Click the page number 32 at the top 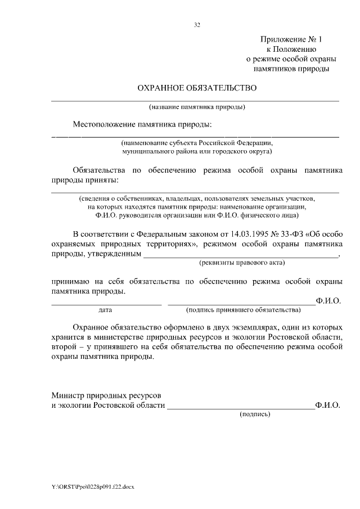(x=197, y=25)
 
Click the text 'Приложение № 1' (x=292, y=39)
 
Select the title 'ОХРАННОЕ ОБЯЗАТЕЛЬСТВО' (x=197, y=88)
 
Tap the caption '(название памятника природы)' (x=197, y=106)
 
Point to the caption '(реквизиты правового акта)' (x=242, y=263)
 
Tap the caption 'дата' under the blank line (x=105, y=310)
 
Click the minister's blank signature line (x=241, y=408)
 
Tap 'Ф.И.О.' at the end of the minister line (x=328, y=404)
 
